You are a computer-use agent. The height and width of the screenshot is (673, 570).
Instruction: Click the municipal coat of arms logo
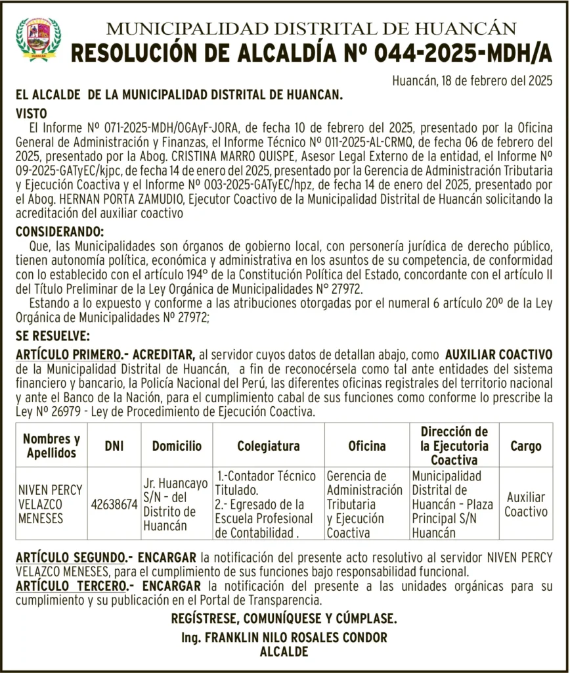(38, 39)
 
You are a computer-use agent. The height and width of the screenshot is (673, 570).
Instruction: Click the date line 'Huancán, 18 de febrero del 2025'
(472, 81)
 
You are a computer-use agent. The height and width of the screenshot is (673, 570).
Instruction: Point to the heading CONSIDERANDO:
(59, 232)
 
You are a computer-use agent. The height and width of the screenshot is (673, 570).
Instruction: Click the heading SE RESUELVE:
(53, 336)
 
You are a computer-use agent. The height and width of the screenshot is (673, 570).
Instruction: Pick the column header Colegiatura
(268, 446)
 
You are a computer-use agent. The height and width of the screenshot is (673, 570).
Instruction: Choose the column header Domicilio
(177, 446)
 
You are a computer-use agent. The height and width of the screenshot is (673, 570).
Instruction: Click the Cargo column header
(525, 446)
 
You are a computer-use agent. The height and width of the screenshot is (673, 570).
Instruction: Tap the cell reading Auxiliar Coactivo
(525, 504)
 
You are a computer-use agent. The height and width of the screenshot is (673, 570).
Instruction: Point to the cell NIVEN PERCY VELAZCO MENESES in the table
(50, 504)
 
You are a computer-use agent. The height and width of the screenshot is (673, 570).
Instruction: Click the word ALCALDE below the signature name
(284, 652)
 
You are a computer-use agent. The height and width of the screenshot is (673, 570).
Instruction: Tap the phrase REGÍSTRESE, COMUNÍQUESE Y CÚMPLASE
(284, 618)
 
